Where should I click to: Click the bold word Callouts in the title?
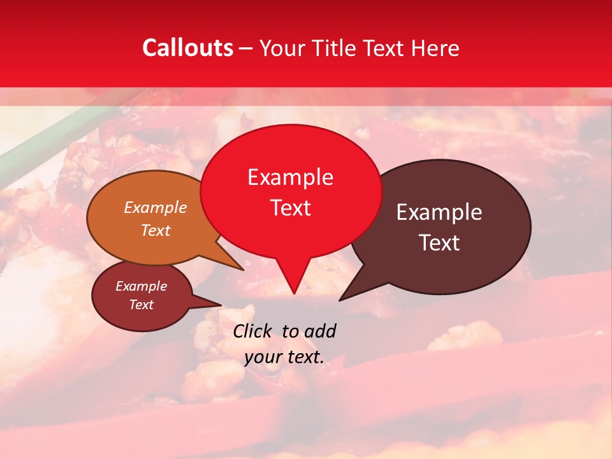[x=187, y=48]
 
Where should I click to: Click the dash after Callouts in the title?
[x=246, y=48]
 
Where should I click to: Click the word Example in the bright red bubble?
[x=290, y=177]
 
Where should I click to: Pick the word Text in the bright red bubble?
[x=290, y=208]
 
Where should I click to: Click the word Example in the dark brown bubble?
[x=439, y=212]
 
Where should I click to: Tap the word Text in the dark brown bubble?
[x=439, y=243]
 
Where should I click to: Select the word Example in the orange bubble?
[x=156, y=208]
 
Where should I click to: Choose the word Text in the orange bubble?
[x=156, y=230]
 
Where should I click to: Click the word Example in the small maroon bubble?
[x=141, y=286]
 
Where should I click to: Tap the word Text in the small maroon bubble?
[x=141, y=305]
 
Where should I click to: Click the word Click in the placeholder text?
[x=252, y=331]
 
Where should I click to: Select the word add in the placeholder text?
[x=320, y=331]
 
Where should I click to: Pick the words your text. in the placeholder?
[x=284, y=357]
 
